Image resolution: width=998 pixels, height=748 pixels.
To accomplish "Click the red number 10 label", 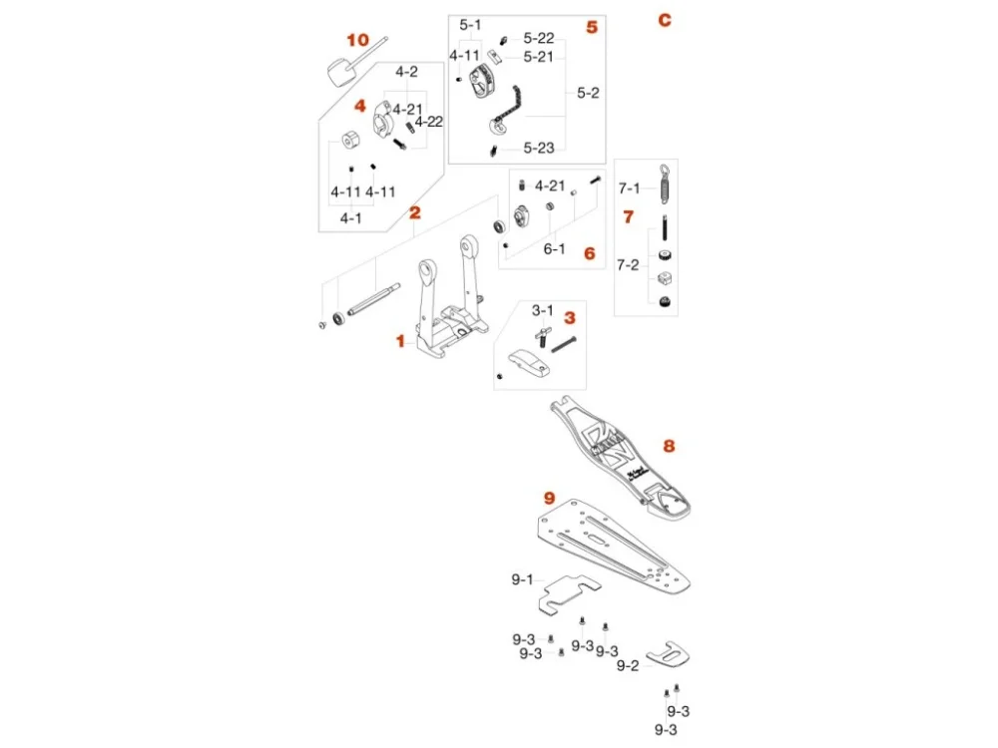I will pos(357,40).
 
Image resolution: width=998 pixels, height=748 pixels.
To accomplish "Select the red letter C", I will pos(665,21).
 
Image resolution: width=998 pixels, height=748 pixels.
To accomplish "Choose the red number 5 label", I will pos(592,27).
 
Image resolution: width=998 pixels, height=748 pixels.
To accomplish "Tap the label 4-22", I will pos(429,122).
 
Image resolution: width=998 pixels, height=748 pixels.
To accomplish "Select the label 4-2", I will pos(406,72).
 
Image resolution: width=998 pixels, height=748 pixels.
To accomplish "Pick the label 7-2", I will pos(628,265).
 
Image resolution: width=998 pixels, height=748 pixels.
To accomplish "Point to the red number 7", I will pos(628,215).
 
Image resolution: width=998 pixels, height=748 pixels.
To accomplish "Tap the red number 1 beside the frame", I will pos(400,341).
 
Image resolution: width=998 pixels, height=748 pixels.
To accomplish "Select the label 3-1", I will pos(542,310).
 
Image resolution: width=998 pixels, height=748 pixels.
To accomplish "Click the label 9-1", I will pos(523,577).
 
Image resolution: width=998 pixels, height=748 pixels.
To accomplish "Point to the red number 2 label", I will pos(414,212).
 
